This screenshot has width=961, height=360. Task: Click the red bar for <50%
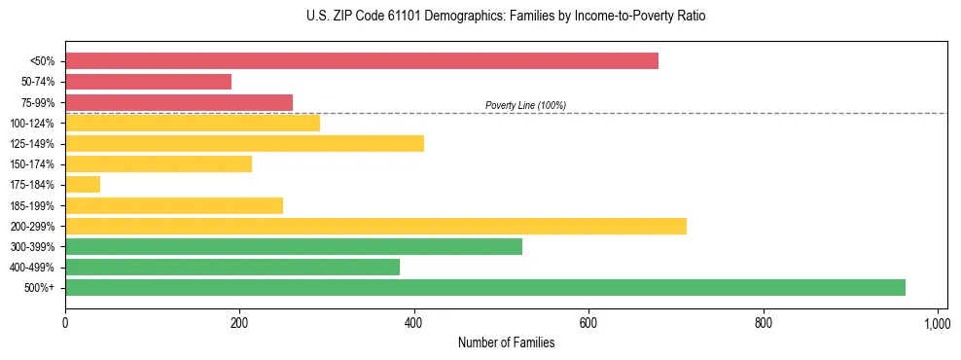coord(362,61)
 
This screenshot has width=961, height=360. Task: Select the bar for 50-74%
coord(148,82)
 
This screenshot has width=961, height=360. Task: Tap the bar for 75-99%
coord(179,102)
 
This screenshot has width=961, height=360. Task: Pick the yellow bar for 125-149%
coord(244,144)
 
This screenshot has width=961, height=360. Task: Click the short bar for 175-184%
coord(83,185)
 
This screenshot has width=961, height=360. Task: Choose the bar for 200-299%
coord(375,226)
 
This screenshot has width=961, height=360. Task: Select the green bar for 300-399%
coord(294,246)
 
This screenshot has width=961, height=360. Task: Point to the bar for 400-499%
coord(232,267)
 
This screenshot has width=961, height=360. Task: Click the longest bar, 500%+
coord(485,287)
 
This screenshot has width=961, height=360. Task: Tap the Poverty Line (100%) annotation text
coord(525,105)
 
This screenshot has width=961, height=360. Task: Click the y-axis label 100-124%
coord(32,124)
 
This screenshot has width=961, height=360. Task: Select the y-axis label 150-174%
coord(32,164)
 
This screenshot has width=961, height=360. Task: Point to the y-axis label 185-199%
coord(32,205)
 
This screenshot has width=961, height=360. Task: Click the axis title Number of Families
coord(506,342)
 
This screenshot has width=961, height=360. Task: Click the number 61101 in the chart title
coord(403,17)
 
